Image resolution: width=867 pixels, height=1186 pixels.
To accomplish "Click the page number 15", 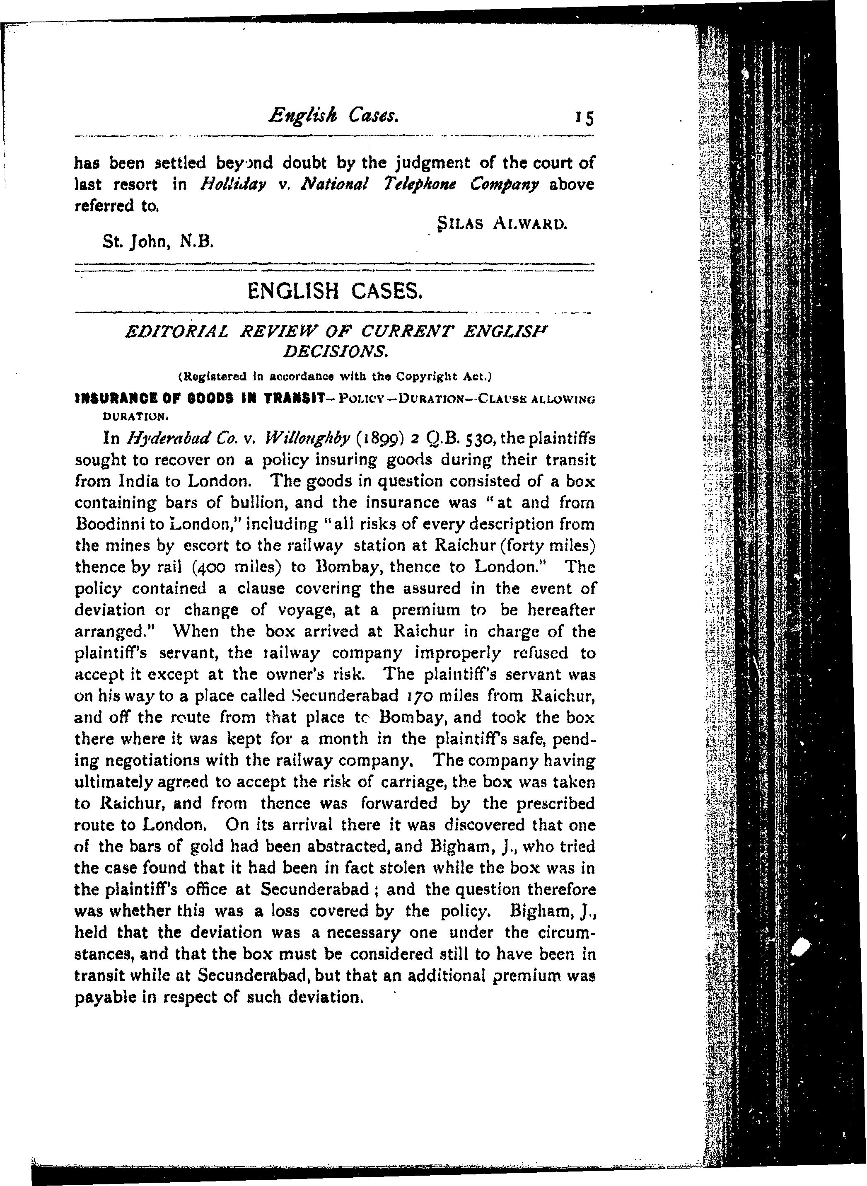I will (x=584, y=118).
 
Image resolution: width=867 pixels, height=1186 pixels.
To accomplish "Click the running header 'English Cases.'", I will (x=334, y=115).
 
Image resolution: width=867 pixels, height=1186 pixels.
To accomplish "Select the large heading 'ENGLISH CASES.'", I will (x=334, y=290).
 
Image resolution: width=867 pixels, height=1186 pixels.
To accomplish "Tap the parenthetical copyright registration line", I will (x=335, y=376).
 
